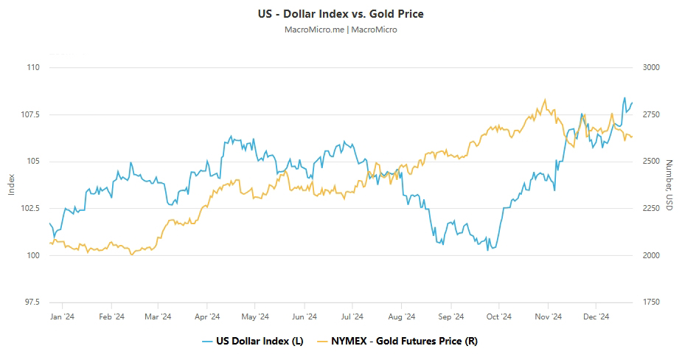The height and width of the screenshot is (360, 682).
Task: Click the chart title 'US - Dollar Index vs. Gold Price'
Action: click(341, 13)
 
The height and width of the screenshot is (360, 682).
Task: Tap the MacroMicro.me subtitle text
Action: click(341, 30)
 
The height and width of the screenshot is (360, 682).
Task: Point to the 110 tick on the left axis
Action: click(32, 67)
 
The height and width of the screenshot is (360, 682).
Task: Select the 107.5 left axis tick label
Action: click(30, 114)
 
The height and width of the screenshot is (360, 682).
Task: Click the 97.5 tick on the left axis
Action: click(32, 302)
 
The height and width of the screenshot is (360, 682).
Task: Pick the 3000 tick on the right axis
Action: click(652, 67)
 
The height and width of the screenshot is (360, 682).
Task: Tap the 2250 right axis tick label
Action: click(652, 208)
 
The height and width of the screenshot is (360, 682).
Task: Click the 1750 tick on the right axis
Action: click(652, 302)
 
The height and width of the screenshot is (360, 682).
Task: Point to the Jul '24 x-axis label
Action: click(352, 316)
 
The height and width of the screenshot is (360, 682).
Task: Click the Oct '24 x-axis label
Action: click(498, 316)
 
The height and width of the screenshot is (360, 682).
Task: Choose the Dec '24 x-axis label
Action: click(596, 316)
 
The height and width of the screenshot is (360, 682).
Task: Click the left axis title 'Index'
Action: click(11, 184)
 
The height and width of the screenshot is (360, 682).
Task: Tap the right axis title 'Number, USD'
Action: click(669, 185)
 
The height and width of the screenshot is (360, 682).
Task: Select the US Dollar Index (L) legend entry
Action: click(252, 341)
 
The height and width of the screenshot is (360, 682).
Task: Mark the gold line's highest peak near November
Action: click(545, 99)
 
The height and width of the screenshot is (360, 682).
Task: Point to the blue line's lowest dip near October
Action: click(487, 250)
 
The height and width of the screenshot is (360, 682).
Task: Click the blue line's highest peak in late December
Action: click(624, 97)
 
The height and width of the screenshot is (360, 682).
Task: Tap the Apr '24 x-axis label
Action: click(207, 316)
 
